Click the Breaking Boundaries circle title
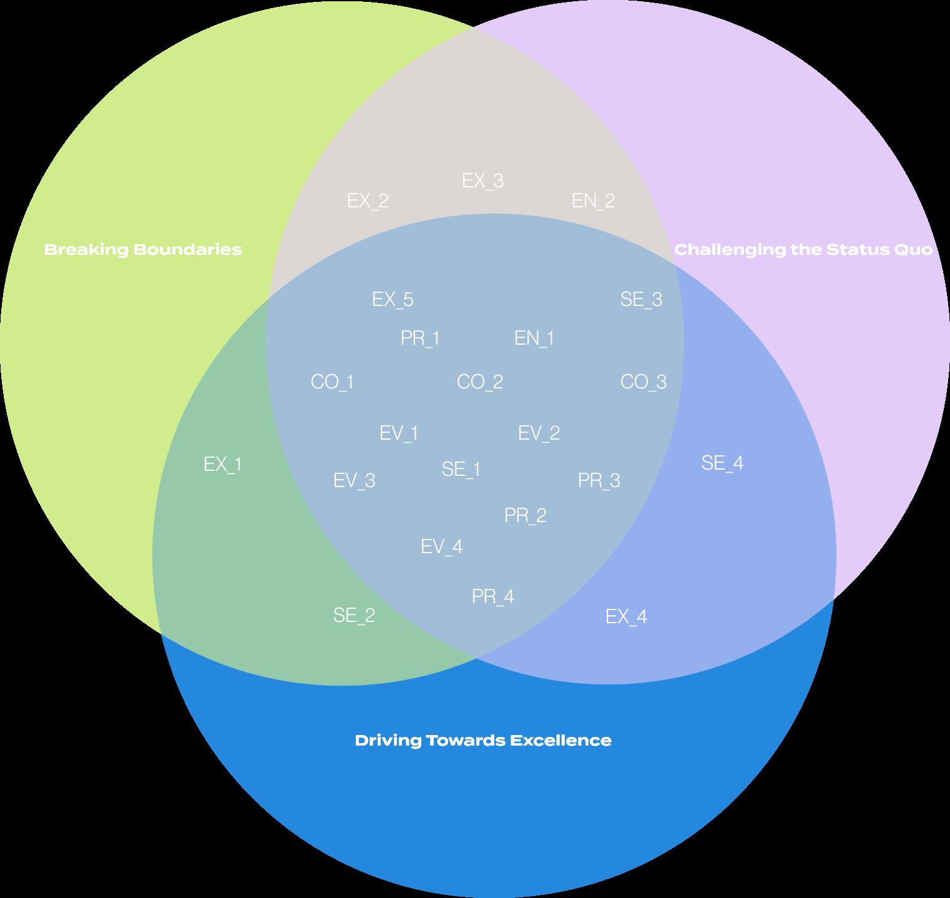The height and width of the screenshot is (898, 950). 143,250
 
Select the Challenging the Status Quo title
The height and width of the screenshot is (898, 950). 803,250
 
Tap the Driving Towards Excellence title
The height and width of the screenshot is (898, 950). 483,741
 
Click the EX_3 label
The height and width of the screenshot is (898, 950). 482,180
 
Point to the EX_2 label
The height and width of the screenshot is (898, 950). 368,200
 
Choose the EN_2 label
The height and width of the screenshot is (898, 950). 593,200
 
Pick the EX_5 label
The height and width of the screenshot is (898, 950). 393,299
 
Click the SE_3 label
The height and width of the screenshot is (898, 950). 641,299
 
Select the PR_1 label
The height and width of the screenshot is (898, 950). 420,338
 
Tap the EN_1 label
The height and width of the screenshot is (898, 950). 534,338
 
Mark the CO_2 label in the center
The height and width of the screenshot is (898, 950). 480,382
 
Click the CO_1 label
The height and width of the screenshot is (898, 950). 332,382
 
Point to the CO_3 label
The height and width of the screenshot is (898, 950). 644,382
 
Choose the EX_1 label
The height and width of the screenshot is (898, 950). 223,464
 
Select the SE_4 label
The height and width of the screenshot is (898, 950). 722,463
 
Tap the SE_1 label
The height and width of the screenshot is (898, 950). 461,469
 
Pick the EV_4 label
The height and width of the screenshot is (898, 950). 442,546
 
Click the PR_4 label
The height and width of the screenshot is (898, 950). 493,596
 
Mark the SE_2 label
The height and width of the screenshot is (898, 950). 354,615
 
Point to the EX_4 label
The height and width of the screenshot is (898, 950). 626,616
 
